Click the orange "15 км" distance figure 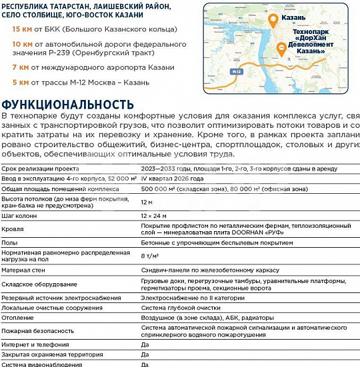pyautogui.click(x=21, y=29)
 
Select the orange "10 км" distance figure pyautogui.click(x=21, y=43)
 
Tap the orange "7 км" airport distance pyautogui.click(x=19, y=67)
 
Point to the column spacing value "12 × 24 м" pyautogui.click(x=155, y=216)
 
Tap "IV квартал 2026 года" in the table pyautogui.click(x=173, y=179)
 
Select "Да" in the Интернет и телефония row pyautogui.click(x=145, y=344)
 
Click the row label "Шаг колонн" pyautogui.click(x=19, y=216)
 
